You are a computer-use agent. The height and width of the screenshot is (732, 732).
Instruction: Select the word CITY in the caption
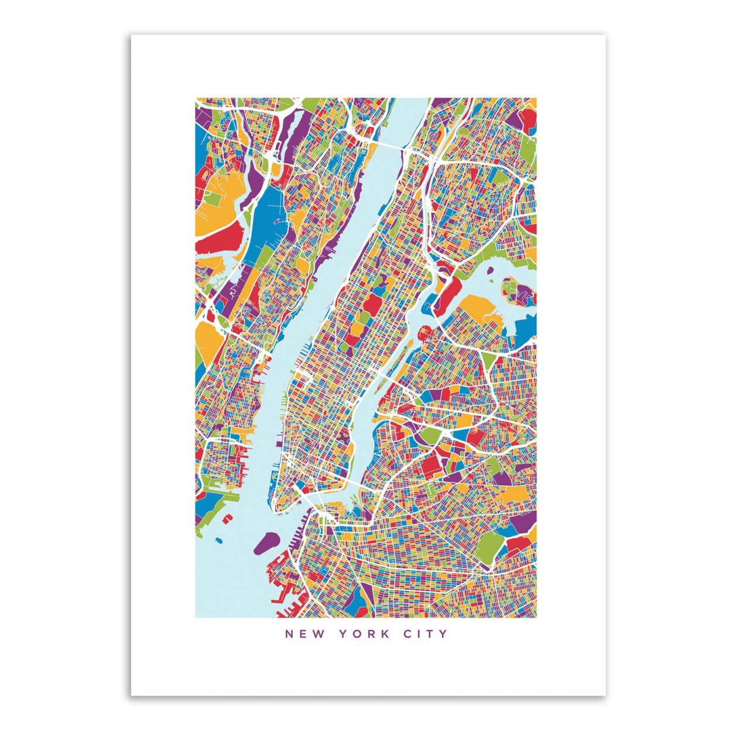426,634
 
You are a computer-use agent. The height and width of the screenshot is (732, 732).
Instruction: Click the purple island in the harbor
266,542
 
